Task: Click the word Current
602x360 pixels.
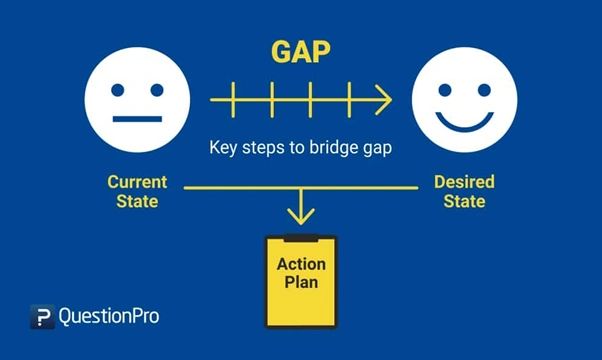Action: pyautogui.click(x=137, y=183)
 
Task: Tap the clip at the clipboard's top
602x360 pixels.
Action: pyautogui.click(x=301, y=238)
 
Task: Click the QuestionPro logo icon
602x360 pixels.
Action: pyautogui.click(x=41, y=317)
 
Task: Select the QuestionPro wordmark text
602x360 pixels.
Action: pyautogui.click(x=109, y=317)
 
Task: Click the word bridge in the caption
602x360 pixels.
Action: pyautogui.click(x=333, y=147)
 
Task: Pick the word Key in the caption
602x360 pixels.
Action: pyautogui.click(x=222, y=147)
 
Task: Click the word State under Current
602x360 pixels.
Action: pyautogui.click(x=137, y=202)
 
